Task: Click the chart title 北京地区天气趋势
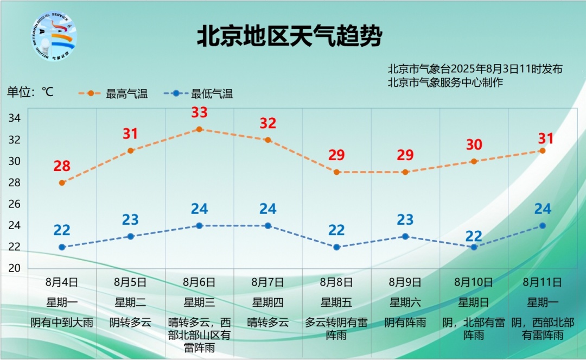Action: point(289,37)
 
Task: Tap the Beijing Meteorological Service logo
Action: point(54,36)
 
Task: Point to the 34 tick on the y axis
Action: point(15,118)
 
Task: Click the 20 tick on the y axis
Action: point(15,268)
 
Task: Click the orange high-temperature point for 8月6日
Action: point(199,129)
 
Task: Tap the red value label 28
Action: point(62,166)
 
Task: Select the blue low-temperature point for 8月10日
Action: point(474,247)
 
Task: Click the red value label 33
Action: point(199,113)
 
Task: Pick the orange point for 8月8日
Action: point(336,172)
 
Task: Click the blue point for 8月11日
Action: point(543,226)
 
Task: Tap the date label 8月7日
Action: point(267,282)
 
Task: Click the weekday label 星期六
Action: point(405,302)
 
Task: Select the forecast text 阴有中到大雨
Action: point(62,323)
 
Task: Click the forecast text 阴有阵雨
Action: point(405,323)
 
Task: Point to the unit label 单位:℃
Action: point(30,92)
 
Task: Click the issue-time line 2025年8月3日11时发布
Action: point(475,70)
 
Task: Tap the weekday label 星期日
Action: point(474,302)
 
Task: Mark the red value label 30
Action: point(474,145)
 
